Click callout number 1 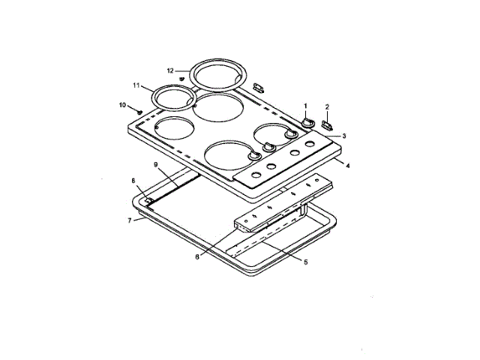pyautogui.click(x=305, y=106)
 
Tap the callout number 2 pyautogui.click(x=327, y=107)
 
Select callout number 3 pyautogui.click(x=344, y=136)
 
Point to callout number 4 pyautogui.click(x=347, y=166)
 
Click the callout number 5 pyautogui.click(x=305, y=262)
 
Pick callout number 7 pyautogui.click(x=130, y=220)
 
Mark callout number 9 pyautogui.click(x=155, y=165)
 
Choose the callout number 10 pyautogui.click(x=122, y=105)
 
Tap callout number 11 pyautogui.click(x=136, y=85)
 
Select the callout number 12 pyautogui.click(x=170, y=70)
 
